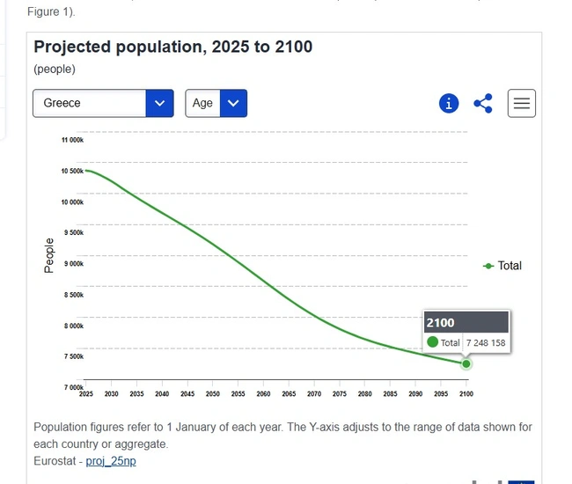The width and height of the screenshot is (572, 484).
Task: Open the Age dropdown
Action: [216, 103]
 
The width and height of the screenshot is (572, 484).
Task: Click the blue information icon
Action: [449, 104]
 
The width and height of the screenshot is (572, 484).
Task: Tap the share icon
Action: [483, 104]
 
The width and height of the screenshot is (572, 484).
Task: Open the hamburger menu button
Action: [522, 104]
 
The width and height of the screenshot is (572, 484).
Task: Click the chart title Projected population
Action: [172, 47]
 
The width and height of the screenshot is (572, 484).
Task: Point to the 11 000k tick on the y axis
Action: [72, 140]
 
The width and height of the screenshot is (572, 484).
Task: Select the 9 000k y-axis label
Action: [73, 264]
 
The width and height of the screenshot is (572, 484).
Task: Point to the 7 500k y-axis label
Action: [73, 356]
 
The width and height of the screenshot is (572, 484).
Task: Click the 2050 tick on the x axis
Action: [212, 394]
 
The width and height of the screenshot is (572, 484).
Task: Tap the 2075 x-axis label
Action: [340, 394]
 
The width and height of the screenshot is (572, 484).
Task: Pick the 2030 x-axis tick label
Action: [112, 394]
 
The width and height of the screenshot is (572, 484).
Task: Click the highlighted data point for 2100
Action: [466, 363]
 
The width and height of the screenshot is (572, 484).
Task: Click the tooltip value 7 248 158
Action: [486, 343]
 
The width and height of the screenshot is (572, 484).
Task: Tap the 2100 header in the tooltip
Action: [440, 323]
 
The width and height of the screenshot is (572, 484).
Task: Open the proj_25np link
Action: [111, 461]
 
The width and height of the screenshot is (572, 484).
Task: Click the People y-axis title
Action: [49, 255]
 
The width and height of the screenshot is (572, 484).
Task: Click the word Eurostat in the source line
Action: [55, 461]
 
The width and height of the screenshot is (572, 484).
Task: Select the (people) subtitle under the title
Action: [55, 69]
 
